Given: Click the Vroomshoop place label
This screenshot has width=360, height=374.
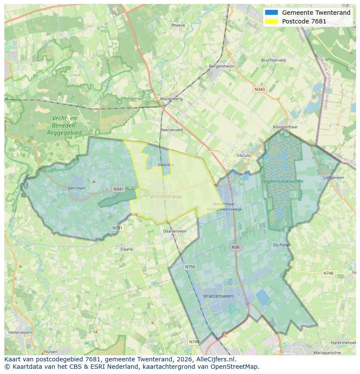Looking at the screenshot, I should coord(166,196).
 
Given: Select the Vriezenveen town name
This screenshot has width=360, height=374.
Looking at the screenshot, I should coord(218,296).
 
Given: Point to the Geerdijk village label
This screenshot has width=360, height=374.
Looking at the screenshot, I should coord(166,165).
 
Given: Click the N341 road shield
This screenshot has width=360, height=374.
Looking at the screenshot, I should coord(118,189).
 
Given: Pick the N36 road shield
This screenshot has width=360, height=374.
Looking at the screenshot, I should coord(235,247).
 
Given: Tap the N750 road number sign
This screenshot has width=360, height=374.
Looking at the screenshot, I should coord(190,267).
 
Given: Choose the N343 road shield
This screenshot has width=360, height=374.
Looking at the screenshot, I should coord(259,89).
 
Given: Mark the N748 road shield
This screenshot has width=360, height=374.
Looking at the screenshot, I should coord(328,273).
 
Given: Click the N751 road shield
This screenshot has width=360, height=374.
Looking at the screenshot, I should coord(117,228).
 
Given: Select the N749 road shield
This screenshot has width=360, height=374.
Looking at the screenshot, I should coord(194,342).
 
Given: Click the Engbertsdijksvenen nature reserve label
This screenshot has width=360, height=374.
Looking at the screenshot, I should coord(282,181).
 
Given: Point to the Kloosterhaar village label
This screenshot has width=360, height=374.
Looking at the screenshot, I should coord(285,127).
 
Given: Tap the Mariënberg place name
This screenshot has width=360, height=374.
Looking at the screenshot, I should coord(171,99).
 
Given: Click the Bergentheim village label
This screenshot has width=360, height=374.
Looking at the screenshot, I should coord(221,66).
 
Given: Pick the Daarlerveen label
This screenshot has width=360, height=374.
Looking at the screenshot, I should coord(174,231).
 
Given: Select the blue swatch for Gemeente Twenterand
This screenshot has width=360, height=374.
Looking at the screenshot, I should coord(271,13).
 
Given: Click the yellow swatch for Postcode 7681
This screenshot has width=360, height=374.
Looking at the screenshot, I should coord(271,21).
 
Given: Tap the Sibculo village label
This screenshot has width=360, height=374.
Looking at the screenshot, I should coord(243,155).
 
